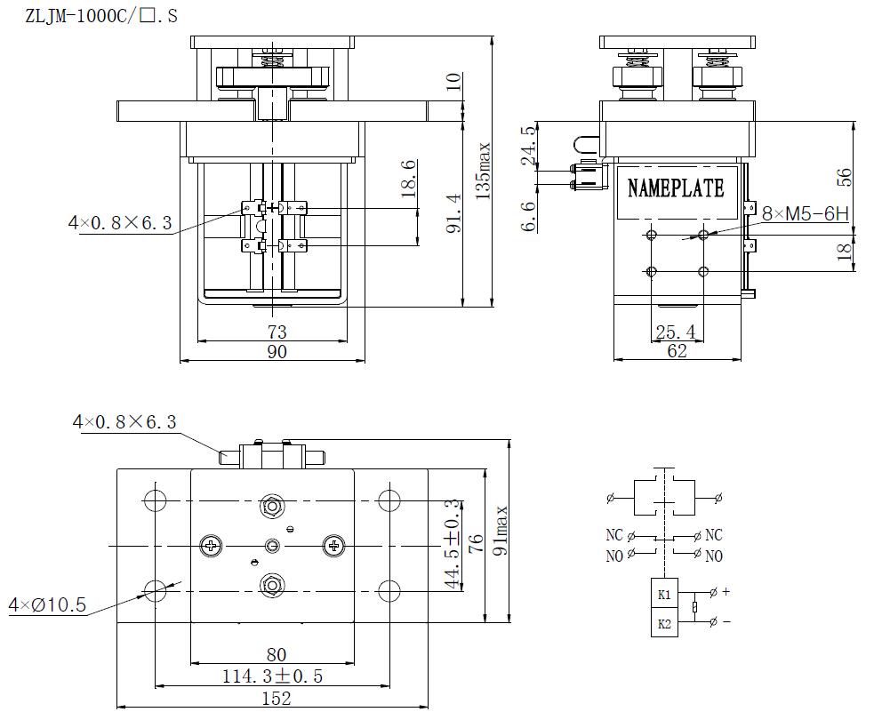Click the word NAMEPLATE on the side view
(x=676, y=188)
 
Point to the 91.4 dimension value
(x=453, y=213)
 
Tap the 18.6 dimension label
(x=409, y=180)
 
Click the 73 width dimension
(x=277, y=332)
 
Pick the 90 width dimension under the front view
(x=277, y=352)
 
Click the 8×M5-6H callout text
(x=806, y=213)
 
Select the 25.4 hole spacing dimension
(x=676, y=332)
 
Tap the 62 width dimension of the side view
(x=678, y=352)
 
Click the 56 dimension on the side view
(x=845, y=176)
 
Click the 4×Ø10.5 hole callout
(x=47, y=605)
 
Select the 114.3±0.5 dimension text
(x=272, y=676)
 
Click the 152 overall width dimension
(x=277, y=699)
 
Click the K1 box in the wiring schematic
(x=664, y=593)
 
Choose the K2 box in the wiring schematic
(x=664, y=624)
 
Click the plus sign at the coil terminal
(x=726, y=591)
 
